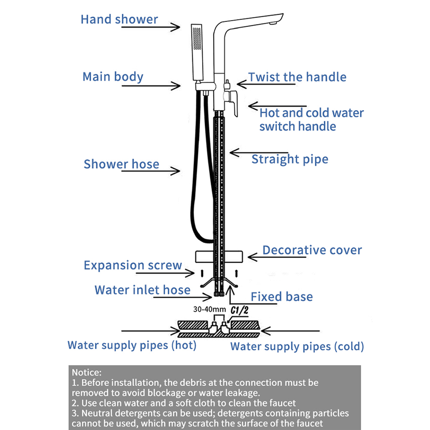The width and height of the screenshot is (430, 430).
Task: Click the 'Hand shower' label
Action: [x=119, y=19]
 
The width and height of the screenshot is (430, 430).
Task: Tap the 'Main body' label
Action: [x=113, y=77]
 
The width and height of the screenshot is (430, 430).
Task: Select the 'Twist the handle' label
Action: [x=297, y=77]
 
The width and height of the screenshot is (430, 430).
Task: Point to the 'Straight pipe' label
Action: [x=290, y=160]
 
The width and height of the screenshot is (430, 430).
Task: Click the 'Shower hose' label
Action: [x=121, y=164]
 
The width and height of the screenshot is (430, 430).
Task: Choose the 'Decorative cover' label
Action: [x=312, y=250]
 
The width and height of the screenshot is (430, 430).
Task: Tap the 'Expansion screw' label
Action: [x=133, y=265]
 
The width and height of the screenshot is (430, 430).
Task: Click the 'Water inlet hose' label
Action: [x=142, y=290]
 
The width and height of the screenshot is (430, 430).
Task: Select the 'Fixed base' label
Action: [x=282, y=297]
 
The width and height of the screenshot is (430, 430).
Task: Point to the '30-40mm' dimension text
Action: [x=209, y=309]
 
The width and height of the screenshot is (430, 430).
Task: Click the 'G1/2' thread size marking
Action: [x=240, y=310]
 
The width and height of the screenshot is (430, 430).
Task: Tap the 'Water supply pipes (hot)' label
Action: [x=132, y=345]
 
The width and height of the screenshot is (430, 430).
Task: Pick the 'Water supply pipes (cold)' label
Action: [x=297, y=347]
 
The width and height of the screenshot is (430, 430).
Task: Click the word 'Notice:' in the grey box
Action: [x=87, y=372]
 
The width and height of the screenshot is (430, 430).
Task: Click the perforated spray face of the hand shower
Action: [x=197, y=39]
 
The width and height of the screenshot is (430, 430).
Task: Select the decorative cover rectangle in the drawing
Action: [x=219, y=257]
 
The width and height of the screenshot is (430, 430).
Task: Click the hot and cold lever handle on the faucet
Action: [x=233, y=103]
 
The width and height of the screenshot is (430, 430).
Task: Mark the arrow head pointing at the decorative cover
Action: [x=252, y=257]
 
